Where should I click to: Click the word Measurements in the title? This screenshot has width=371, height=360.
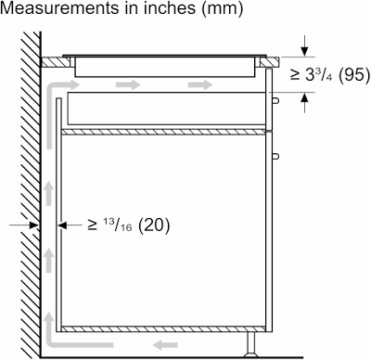pyautogui.click(x=58, y=8)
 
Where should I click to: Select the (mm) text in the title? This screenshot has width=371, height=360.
pyautogui.click(x=222, y=9)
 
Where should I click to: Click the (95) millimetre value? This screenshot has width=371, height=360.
pyautogui.click(x=353, y=75)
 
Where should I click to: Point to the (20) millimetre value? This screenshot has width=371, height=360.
pyautogui.click(x=154, y=225)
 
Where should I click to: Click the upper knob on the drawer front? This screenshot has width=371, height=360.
pyautogui.click(x=276, y=100)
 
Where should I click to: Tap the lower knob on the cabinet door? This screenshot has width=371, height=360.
pyautogui.click(x=276, y=157)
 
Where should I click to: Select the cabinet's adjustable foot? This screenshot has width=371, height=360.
pyautogui.click(x=250, y=344)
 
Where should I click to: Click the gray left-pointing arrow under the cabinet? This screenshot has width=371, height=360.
pyautogui.click(x=165, y=344)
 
